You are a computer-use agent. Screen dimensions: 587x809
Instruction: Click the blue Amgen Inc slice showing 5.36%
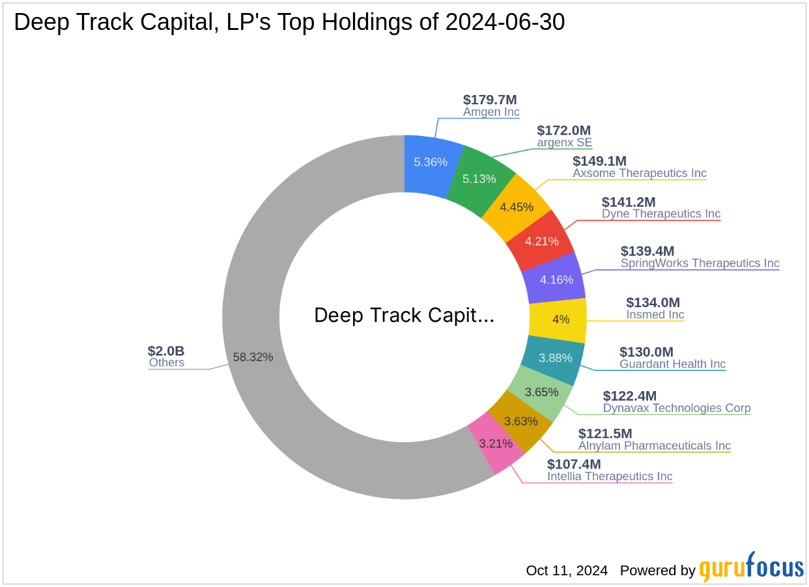click(x=431, y=162)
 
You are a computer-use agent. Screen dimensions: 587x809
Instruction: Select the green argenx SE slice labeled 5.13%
click(x=479, y=178)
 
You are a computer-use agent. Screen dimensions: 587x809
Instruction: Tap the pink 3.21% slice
click(x=496, y=444)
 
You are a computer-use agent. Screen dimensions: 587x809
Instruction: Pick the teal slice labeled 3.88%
click(x=555, y=358)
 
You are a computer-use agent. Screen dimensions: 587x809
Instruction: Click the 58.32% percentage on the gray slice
click(x=253, y=357)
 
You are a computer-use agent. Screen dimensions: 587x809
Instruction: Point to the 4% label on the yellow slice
click(x=561, y=320)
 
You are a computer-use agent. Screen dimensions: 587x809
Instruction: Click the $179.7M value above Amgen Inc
click(x=490, y=100)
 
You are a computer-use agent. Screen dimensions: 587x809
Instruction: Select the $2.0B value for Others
click(x=165, y=351)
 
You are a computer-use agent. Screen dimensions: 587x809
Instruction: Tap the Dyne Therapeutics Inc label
click(x=660, y=213)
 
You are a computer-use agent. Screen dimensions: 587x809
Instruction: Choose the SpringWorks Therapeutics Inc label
click(x=700, y=263)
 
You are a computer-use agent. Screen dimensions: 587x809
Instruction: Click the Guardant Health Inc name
click(x=672, y=364)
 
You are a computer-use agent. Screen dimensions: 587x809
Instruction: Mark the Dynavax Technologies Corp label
click(x=676, y=408)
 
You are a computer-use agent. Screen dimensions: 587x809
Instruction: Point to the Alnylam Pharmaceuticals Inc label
click(x=654, y=446)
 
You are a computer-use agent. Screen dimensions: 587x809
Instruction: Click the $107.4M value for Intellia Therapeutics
click(x=574, y=464)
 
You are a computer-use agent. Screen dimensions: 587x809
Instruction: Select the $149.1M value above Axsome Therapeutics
click(x=600, y=161)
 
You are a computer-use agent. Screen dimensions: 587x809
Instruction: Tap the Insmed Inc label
click(x=655, y=314)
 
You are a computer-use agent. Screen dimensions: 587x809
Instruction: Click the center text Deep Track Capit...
click(x=404, y=316)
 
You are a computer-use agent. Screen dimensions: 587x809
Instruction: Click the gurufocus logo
click(x=751, y=568)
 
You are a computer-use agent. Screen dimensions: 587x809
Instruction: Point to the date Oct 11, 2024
click(x=567, y=571)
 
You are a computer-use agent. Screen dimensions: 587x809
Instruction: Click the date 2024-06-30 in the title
click(x=505, y=22)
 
